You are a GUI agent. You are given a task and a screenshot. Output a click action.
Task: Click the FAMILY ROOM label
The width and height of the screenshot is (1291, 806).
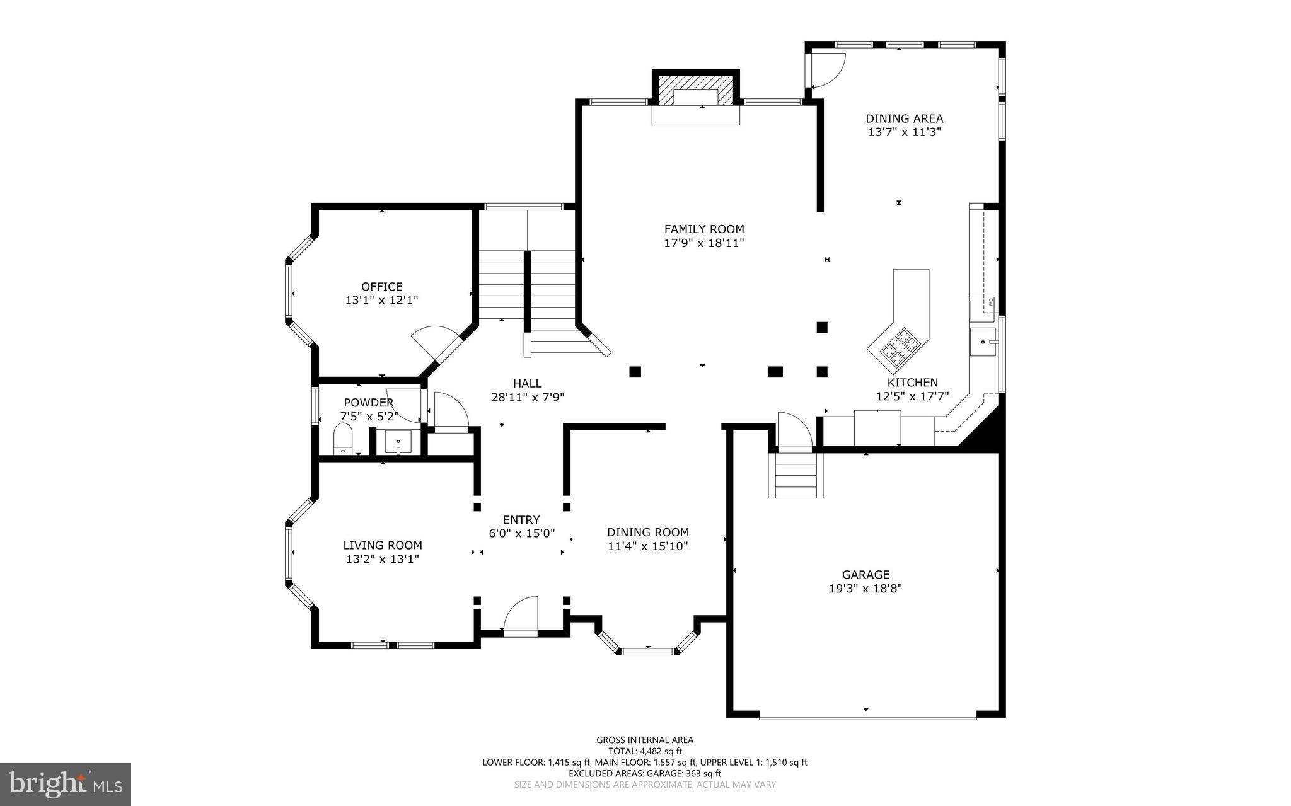(704, 229)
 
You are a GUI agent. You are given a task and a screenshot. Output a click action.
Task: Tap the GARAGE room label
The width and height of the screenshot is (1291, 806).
(865, 575)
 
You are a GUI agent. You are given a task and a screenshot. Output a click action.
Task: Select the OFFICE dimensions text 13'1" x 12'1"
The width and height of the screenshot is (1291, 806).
(381, 301)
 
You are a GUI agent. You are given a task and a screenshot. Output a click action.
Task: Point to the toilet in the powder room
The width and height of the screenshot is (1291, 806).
(342, 439)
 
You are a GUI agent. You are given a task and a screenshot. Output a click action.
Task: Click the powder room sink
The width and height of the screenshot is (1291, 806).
(398, 441)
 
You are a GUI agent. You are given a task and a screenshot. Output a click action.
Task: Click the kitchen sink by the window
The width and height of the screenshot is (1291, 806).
(983, 342)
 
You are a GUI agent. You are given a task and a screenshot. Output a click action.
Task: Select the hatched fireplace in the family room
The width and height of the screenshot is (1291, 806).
(695, 90)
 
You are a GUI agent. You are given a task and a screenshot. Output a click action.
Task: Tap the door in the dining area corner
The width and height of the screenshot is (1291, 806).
(826, 71)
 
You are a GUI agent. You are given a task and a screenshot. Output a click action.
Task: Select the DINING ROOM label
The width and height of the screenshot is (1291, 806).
(648, 533)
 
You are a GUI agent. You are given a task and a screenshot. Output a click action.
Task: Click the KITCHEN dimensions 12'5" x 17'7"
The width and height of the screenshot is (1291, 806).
(912, 396)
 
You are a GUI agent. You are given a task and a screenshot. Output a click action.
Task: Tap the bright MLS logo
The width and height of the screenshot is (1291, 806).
(66, 784)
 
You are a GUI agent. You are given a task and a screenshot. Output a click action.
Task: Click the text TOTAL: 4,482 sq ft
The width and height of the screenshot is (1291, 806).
(645, 751)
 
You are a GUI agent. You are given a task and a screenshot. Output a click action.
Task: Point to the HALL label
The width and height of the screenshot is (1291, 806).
(527, 383)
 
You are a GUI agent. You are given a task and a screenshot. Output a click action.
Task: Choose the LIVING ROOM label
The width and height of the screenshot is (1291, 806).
(383, 546)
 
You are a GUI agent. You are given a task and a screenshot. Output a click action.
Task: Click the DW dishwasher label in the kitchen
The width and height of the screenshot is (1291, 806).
(990, 302)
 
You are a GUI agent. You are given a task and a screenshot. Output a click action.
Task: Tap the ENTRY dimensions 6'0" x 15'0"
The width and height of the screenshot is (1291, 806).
(521, 533)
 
